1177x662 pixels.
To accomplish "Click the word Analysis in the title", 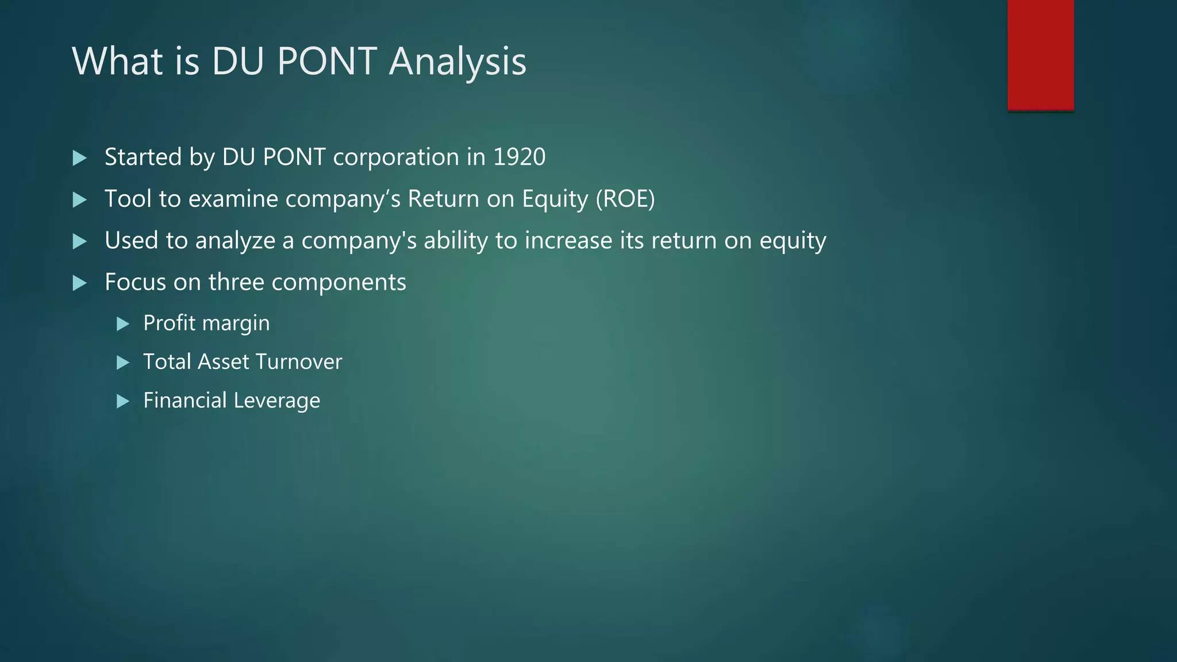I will (x=457, y=61).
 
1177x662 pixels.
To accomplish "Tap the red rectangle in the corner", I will (x=1040, y=55).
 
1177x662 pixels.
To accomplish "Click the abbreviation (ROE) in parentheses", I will (x=625, y=199).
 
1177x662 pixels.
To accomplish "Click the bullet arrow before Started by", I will (x=80, y=158).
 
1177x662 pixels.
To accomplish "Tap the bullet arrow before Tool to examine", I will (x=80, y=200).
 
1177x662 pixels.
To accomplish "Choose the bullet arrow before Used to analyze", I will (x=80, y=241).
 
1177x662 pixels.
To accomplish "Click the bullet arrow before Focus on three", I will (x=80, y=283).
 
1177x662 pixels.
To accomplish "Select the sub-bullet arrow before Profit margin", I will (x=123, y=324).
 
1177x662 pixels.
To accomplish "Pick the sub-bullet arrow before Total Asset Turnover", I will (x=123, y=363).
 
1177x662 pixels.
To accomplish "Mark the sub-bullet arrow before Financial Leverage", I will (x=123, y=401).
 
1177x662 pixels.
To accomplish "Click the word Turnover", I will (x=299, y=362).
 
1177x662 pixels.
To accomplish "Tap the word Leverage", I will (x=276, y=401).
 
